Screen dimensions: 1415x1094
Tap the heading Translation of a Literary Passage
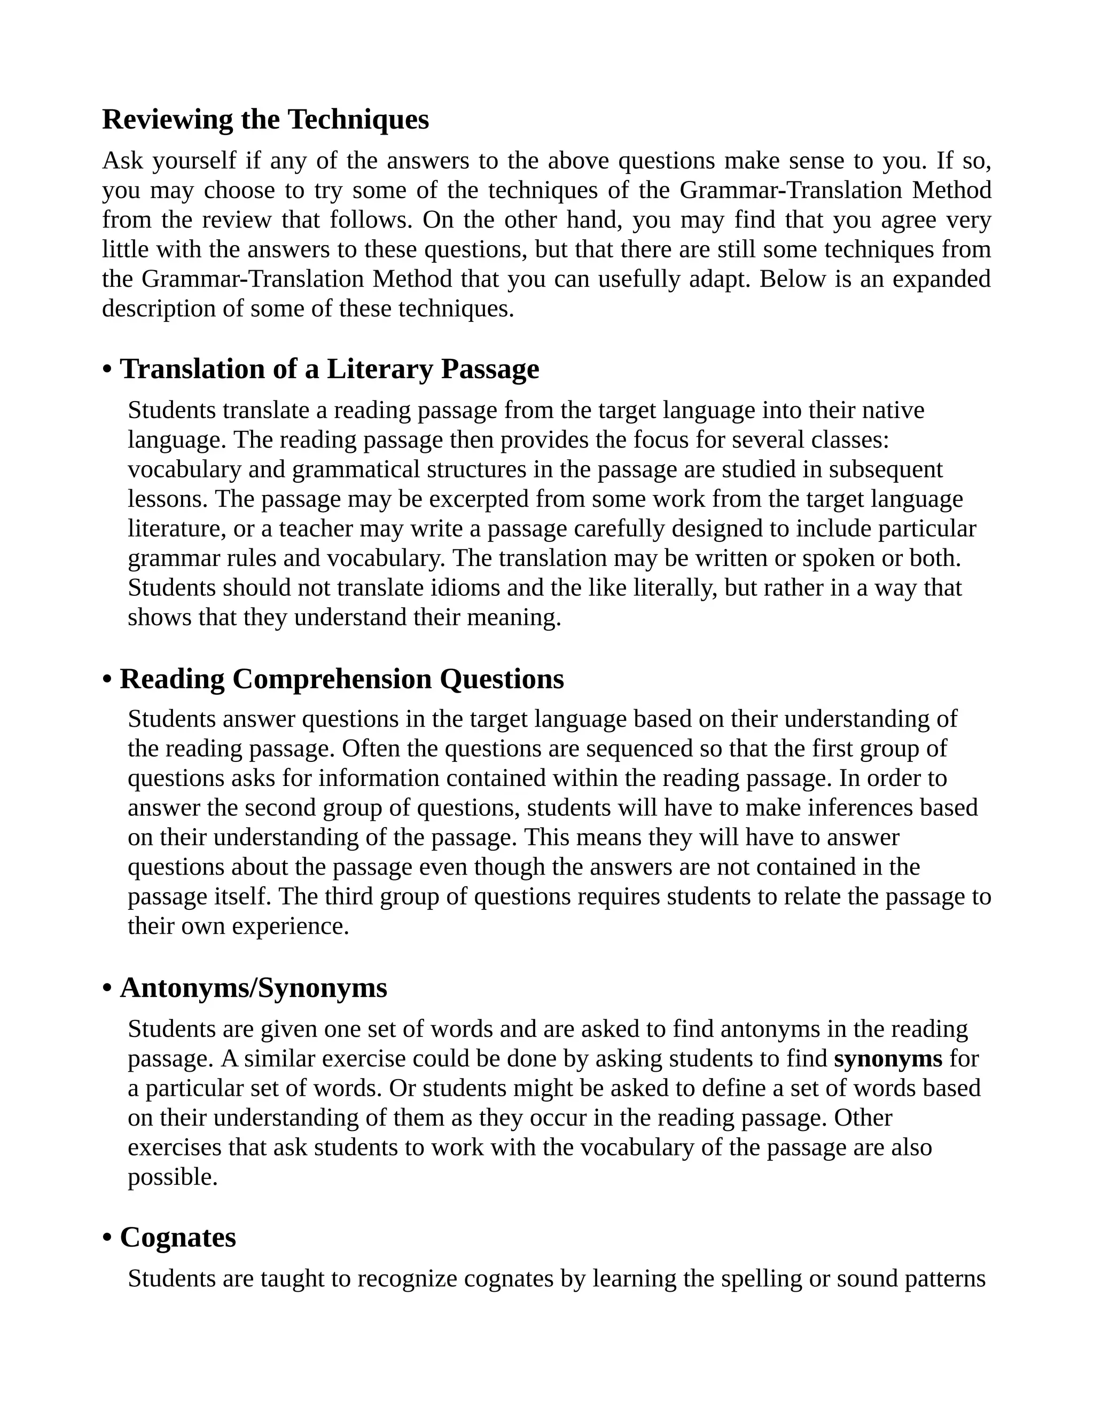pos(329,370)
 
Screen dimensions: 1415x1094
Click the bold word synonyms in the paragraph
pos(888,1059)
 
